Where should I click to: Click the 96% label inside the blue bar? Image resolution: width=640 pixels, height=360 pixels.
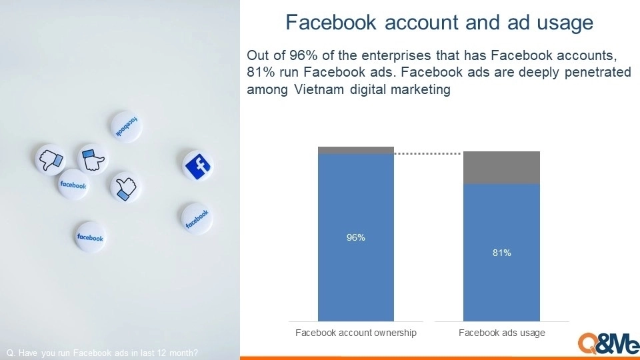click(x=355, y=237)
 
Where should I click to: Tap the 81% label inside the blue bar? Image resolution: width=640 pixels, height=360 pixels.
click(x=501, y=253)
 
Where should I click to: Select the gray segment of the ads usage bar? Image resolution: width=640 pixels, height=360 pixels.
click(x=501, y=168)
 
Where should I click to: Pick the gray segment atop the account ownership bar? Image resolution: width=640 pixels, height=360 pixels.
click(x=356, y=150)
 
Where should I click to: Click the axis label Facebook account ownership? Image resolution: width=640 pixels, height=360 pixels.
click(x=356, y=333)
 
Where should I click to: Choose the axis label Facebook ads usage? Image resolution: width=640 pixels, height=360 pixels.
click(x=501, y=333)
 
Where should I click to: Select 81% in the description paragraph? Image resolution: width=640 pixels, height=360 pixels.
click(x=261, y=72)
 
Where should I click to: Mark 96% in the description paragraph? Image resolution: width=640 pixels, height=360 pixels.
click(x=303, y=55)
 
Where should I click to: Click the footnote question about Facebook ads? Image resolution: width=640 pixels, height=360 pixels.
click(x=102, y=353)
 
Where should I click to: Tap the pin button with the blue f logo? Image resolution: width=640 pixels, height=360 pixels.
click(x=197, y=165)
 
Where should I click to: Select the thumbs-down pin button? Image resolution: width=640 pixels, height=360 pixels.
click(x=50, y=159)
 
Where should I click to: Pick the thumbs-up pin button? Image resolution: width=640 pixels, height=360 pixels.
click(x=125, y=187)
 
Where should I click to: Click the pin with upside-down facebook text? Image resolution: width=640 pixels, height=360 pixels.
click(x=127, y=127)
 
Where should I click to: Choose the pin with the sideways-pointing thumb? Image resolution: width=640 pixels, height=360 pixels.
click(x=93, y=159)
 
